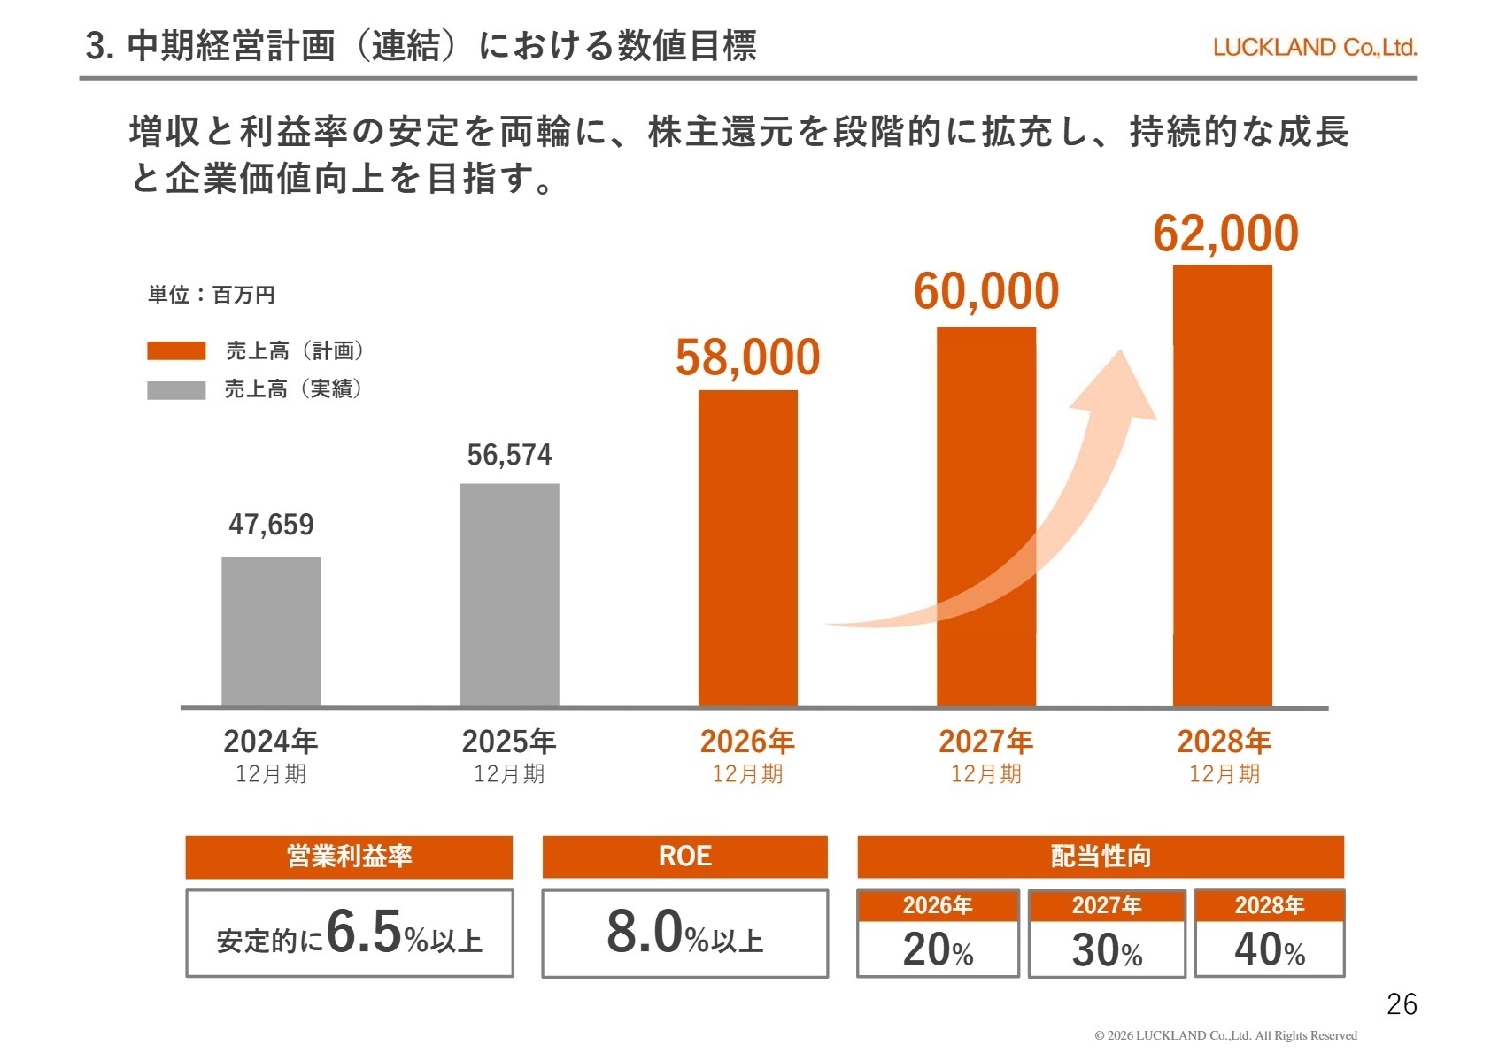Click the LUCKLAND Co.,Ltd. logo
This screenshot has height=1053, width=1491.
pos(1314,48)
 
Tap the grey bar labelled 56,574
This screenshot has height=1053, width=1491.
pos(509,595)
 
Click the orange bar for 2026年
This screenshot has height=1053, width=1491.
pos(747,548)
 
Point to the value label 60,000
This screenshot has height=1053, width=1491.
pos(985,291)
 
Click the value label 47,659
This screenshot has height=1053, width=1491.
pos(271,525)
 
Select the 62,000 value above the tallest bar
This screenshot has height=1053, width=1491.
pos(1224,234)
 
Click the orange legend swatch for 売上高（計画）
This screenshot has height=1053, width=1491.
pos(176,351)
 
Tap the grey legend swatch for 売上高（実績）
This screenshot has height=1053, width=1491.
pos(176,389)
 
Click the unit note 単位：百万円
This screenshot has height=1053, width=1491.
pos(212,295)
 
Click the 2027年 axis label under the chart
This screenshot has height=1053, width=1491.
pos(985,742)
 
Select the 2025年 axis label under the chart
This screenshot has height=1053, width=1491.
pos(509,742)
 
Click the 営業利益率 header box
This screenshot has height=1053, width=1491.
pos(349,857)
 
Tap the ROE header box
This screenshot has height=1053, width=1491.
pos(684,857)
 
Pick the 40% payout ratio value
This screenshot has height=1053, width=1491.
pos(1269,949)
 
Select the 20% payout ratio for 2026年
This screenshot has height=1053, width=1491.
pos(938,949)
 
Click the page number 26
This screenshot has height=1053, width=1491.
pos(1402,1004)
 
